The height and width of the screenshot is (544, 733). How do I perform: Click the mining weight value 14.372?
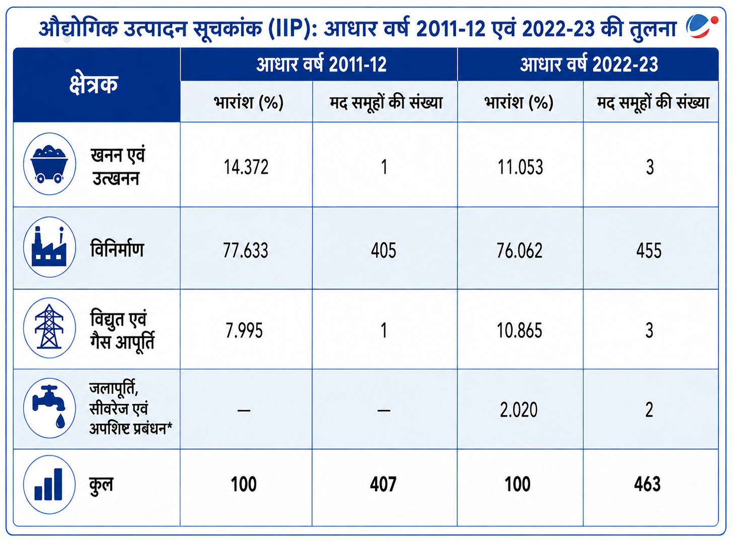(x=246, y=167)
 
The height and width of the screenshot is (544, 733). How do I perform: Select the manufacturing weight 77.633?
(x=246, y=250)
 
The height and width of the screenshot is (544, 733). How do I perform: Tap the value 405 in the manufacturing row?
(x=383, y=250)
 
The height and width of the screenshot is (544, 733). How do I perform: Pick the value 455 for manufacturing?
(x=649, y=250)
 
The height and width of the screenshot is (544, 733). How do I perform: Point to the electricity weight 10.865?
(x=519, y=330)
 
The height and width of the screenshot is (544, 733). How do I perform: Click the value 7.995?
(x=244, y=330)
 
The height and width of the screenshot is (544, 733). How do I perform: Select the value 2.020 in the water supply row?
(x=519, y=410)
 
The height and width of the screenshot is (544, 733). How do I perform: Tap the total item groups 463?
(x=647, y=484)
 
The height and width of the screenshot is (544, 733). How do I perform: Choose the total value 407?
(x=383, y=484)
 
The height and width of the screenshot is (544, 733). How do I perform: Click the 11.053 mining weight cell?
(x=520, y=167)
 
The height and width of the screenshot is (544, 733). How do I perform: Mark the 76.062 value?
(x=520, y=250)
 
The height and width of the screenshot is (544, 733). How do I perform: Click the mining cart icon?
(x=49, y=164)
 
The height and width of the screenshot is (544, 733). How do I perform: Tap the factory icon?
(x=49, y=247)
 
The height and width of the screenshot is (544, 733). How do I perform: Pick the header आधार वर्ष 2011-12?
(x=321, y=64)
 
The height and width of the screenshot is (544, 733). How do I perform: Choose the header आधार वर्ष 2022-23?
(x=589, y=64)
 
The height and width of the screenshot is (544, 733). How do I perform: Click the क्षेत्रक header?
(x=94, y=84)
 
